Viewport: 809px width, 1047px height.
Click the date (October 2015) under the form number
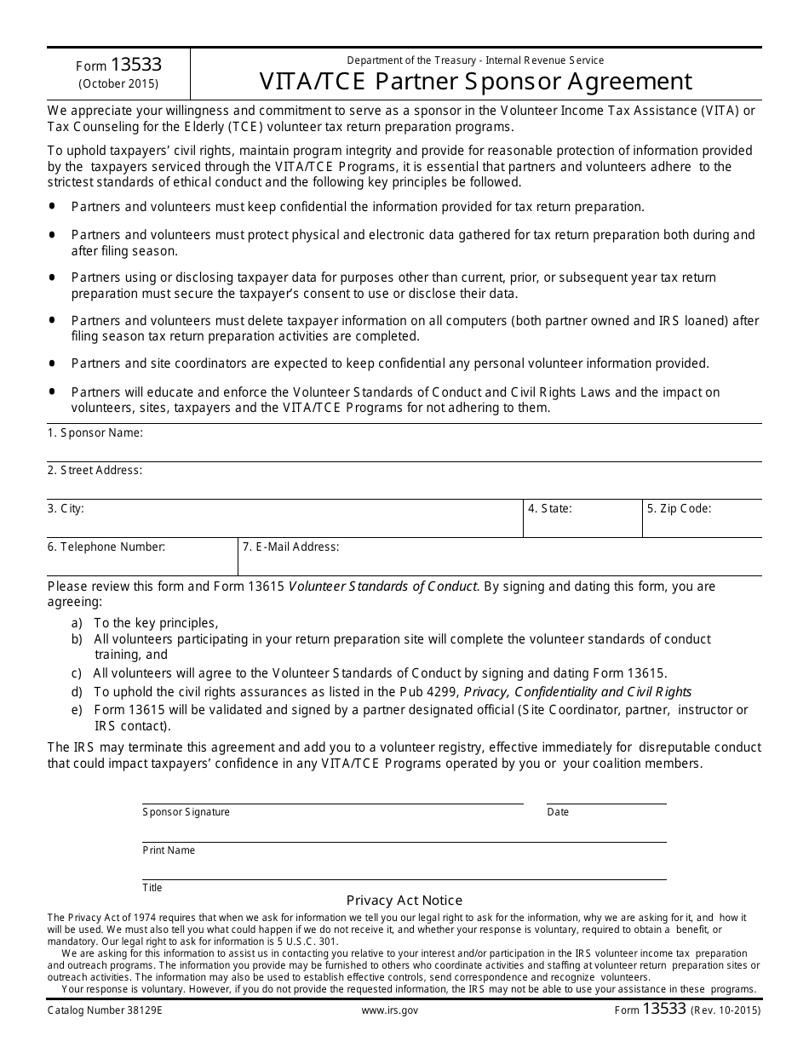118,84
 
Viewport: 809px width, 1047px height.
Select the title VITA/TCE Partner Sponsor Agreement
476,81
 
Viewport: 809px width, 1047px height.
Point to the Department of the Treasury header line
475,60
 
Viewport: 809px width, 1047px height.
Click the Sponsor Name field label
95,433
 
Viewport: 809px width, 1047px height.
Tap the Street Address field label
95,471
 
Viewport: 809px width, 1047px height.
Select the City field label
66,509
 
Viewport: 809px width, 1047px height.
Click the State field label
549,509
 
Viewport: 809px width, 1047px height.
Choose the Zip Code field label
679,509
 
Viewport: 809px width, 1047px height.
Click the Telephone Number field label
106,547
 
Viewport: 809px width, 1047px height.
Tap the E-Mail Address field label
290,547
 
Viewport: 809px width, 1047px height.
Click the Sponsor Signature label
186,812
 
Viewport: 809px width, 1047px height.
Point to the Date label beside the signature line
558,812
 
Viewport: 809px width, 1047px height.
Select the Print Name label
169,850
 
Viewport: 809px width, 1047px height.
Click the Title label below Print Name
152,888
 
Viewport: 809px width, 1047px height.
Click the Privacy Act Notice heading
404,901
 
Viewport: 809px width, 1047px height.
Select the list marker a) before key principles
77,623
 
